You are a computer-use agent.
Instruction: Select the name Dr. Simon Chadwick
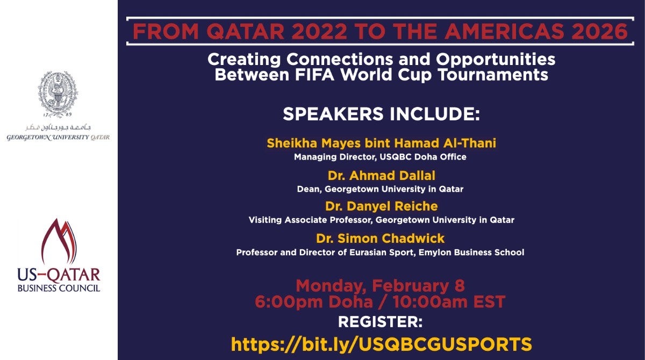click(x=380, y=238)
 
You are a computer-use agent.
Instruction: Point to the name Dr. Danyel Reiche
click(x=381, y=206)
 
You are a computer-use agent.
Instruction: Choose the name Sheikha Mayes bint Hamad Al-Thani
click(x=381, y=143)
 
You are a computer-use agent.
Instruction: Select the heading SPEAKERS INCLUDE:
click(x=381, y=114)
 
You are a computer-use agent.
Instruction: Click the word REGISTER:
click(x=380, y=322)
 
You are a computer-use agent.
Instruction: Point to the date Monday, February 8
click(x=380, y=285)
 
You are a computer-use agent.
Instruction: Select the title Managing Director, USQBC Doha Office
click(x=380, y=157)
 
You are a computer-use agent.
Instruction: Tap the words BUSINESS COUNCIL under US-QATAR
click(x=59, y=288)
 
